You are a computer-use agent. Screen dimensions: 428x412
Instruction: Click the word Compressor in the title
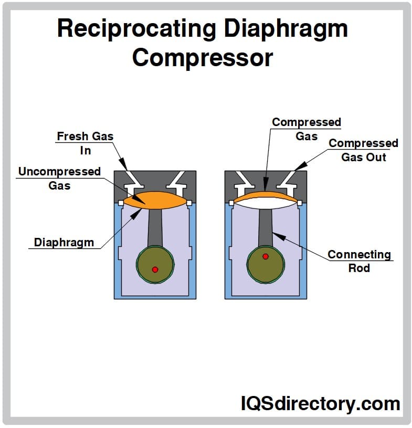[x=203, y=57]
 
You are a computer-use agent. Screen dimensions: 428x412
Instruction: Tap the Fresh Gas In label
[x=85, y=143]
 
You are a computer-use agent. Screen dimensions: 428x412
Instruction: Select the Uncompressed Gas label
[x=59, y=179]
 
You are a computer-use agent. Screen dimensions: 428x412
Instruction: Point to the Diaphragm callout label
[x=64, y=242]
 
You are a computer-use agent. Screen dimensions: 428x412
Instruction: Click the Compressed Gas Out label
[x=363, y=150]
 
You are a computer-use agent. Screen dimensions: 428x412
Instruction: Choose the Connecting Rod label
[x=359, y=261]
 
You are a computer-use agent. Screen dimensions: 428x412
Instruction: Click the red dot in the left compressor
[x=155, y=269]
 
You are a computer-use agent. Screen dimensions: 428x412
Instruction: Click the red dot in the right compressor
[x=266, y=256]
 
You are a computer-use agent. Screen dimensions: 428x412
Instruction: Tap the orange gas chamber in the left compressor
[x=155, y=200]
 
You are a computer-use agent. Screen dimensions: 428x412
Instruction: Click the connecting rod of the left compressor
[x=155, y=226]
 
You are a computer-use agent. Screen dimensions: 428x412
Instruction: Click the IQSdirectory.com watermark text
[x=320, y=404]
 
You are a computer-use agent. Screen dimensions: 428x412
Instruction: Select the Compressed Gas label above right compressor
[x=307, y=129]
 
